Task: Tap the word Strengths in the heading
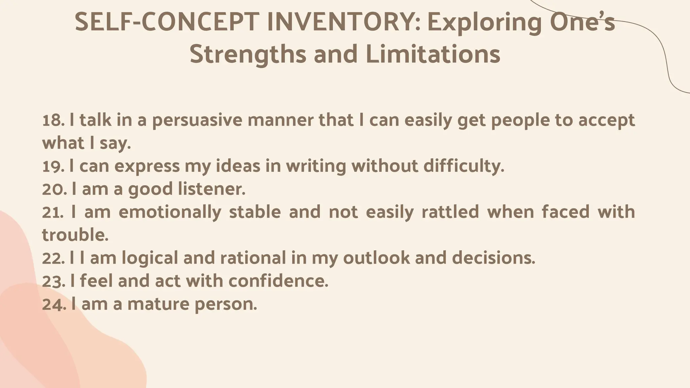click(x=248, y=55)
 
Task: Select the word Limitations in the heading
click(x=433, y=55)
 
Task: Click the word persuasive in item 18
click(x=197, y=121)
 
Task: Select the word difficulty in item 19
click(x=464, y=166)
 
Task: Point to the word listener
click(x=212, y=189)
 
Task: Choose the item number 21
click(x=53, y=212)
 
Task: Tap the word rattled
click(x=450, y=212)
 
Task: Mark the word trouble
click(x=75, y=235)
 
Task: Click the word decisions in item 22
click(x=493, y=258)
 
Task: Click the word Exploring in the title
click(x=485, y=23)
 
